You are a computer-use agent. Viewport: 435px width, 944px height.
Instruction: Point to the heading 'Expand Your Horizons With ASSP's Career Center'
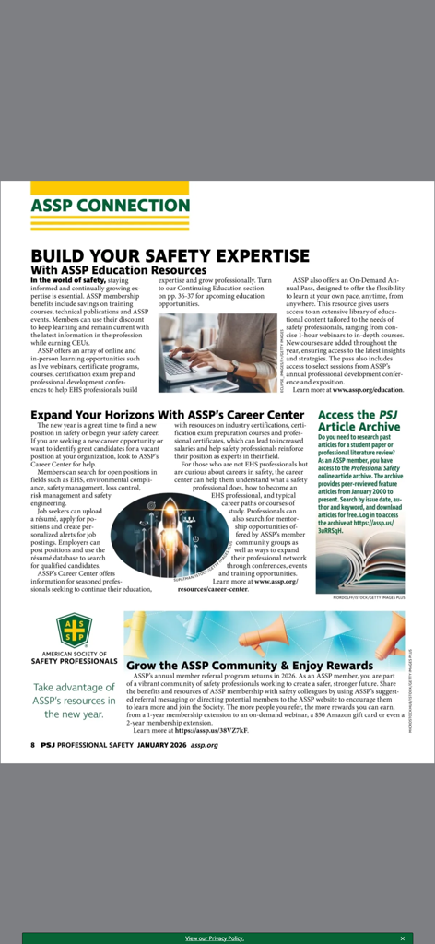click(x=167, y=415)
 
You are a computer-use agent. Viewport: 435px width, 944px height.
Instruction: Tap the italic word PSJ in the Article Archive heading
click(x=386, y=415)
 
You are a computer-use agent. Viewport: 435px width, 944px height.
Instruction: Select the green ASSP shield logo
click(x=75, y=631)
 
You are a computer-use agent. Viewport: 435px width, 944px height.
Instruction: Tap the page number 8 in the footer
click(x=32, y=745)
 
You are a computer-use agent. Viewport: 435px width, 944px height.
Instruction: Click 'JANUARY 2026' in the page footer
click(x=162, y=745)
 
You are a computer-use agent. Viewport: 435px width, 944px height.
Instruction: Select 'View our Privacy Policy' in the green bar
click(x=215, y=938)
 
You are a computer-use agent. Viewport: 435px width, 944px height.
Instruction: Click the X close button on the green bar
click(x=402, y=938)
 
